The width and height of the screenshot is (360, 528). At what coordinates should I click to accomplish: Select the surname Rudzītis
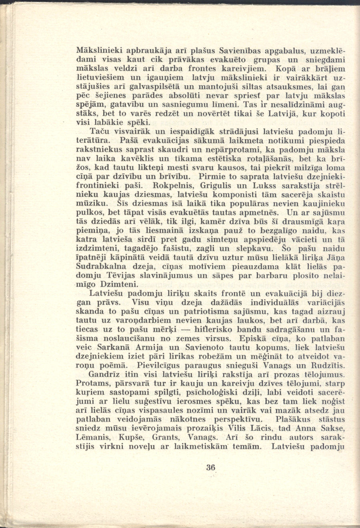[x=324, y=365]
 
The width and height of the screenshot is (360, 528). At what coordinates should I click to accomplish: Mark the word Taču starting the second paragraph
[x=99, y=131]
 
